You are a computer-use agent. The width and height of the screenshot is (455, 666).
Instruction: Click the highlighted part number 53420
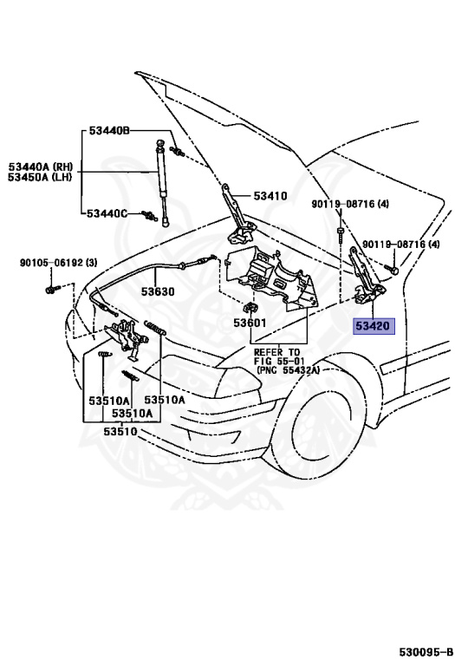tap(374, 326)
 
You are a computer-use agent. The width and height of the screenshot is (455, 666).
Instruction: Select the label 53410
tap(270, 196)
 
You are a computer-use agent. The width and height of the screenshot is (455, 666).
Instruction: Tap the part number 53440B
tap(109, 131)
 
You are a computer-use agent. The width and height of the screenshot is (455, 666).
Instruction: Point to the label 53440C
tap(107, 213)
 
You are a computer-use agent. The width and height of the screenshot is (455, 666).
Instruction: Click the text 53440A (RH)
tap(42, 166)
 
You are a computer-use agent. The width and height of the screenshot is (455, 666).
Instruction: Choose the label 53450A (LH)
tap(40, 177)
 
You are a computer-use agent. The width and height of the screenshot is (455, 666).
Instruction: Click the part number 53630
tap(158, 291)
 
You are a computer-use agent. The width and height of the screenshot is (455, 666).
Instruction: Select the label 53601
tap(250, 323)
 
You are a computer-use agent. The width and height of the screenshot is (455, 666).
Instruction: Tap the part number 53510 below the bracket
tap(120, 432)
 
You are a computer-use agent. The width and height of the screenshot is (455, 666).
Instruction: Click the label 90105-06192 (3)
tap(59, 263)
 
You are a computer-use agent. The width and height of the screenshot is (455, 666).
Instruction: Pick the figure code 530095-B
tap(426, 651)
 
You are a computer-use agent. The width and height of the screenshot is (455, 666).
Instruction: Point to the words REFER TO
tap(276, 352)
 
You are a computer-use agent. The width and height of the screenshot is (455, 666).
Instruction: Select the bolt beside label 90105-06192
tap(50, 291)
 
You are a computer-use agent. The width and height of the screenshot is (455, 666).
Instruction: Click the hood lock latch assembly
tap(126, 336)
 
